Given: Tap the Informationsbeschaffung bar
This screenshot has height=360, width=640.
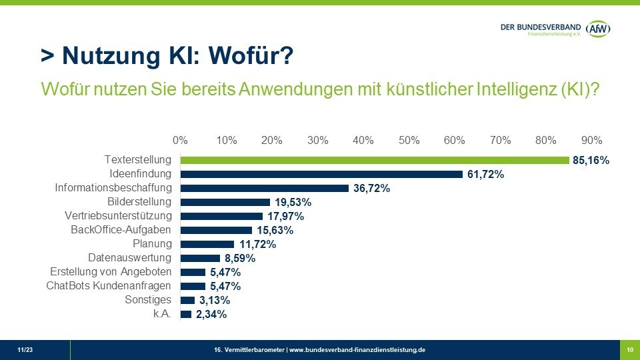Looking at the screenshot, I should [x=265, y=188].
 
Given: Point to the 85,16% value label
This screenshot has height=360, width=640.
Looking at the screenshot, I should [x=591, y=161].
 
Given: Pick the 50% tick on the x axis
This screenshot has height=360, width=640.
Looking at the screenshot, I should [x=409, y=141].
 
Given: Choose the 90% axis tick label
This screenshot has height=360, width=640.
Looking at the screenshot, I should [x=591, y=141].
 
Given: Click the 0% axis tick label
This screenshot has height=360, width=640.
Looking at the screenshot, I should [x=180, y=141].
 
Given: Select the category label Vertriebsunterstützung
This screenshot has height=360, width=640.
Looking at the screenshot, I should [x=118, y=216].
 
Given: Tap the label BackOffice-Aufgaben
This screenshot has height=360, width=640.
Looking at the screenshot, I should [x=121, y=230].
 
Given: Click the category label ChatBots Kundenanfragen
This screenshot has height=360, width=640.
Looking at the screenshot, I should [x=109, y=286].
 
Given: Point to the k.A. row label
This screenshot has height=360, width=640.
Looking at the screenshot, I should [x=162, y=314].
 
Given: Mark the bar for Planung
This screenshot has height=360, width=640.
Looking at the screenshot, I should [x=207, y=244].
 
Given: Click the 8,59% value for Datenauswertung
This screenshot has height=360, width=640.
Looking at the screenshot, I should [x=240, y=259].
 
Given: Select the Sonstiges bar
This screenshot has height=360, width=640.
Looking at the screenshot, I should [x=187, y=300].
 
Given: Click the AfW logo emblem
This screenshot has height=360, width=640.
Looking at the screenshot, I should [x=599, y=29].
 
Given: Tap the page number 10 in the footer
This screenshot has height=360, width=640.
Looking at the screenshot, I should [x=629, y=350].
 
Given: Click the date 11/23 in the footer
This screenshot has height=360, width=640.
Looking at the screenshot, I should [x=25, y=350].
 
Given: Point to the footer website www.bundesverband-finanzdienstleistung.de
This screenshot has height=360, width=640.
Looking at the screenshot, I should [x=357, y=350].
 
